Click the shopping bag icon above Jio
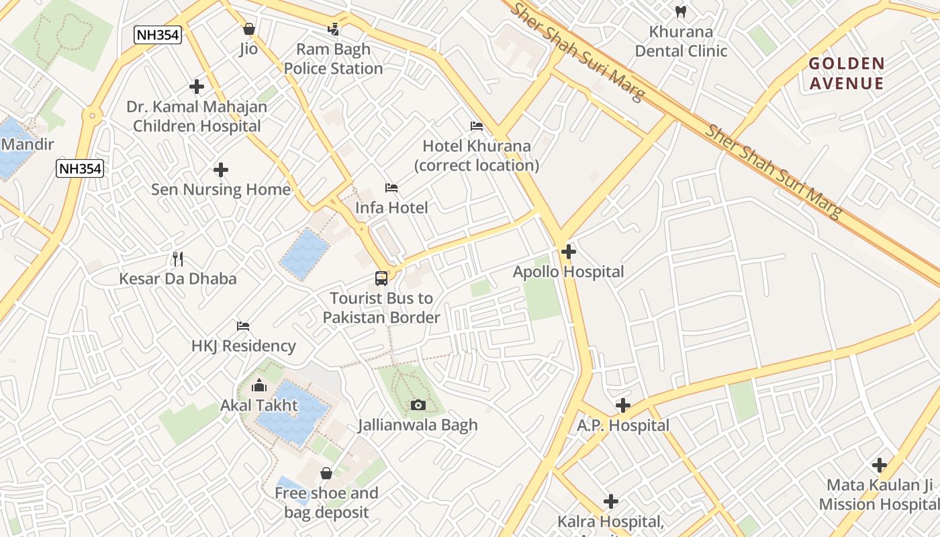(x=248, y=29)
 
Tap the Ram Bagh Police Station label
(x=333, y=59)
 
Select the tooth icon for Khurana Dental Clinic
(x=680, y=11)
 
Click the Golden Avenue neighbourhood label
(x=846, y=73)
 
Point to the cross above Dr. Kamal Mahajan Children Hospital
(x=196, y=87)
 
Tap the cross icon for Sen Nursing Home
(x=220, y=170)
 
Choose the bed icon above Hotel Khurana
(x=476, y=126)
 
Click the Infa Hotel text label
(x=391, y=207)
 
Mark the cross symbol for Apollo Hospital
(x=568, y=252)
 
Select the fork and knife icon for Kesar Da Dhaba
(x=177, y=259)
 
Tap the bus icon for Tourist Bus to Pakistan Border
(x=381, y=279)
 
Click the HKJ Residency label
(x=243, y=346)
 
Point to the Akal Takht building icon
(x=258, y=385)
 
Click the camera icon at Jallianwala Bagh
(x=418, y=405)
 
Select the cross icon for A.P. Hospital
(x=622, y=405)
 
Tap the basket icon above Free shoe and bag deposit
(x=326, y=473)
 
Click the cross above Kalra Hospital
(x=610, y=501)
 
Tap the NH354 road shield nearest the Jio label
(x=158, y=35)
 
